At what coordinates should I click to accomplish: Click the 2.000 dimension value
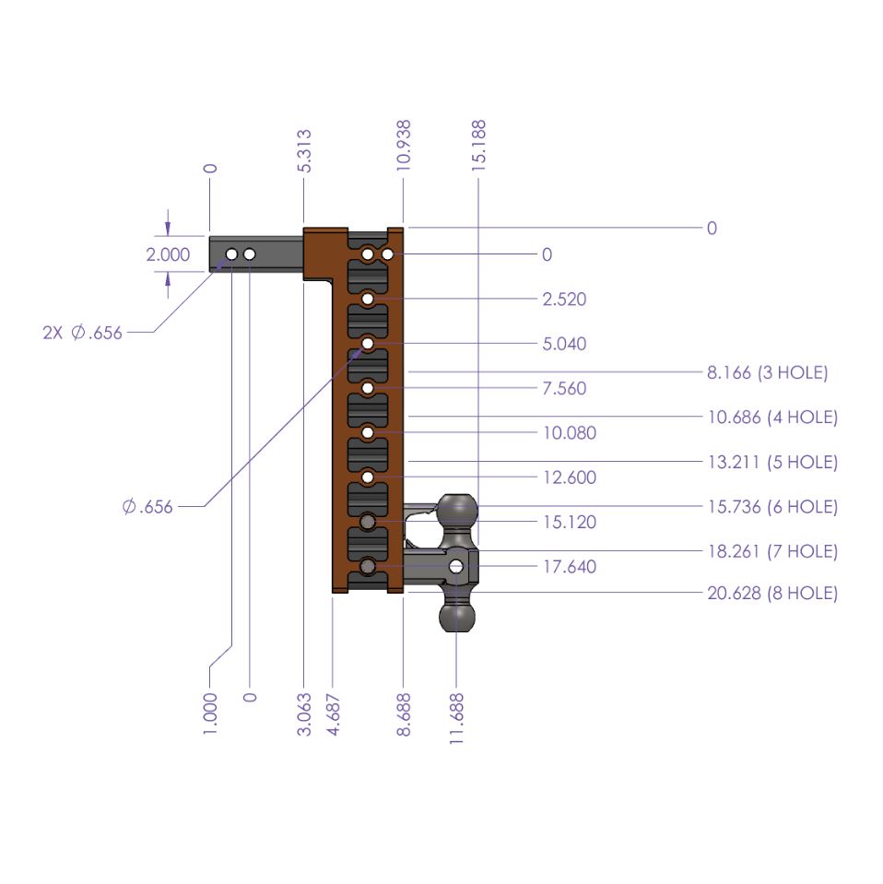(x=169, y=254)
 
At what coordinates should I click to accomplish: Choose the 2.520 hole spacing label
(x=564, y=300)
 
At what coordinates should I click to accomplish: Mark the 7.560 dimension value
(x=564, y=389)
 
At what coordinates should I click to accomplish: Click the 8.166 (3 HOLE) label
(x=767, y=373)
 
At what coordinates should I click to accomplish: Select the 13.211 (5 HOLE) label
(x=771, y=462)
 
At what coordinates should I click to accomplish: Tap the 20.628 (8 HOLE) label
(x=771, y=594)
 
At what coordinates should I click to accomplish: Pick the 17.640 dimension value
(x=569, y=567)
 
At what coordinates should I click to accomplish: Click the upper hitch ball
(x=457, y=510)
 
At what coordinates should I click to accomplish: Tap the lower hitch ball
(x=456, y=616)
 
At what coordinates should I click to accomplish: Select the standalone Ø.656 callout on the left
(x=147, y=506)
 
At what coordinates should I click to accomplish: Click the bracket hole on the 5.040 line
(x=368, y=344)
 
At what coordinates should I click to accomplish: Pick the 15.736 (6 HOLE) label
(x=771, y=507)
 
